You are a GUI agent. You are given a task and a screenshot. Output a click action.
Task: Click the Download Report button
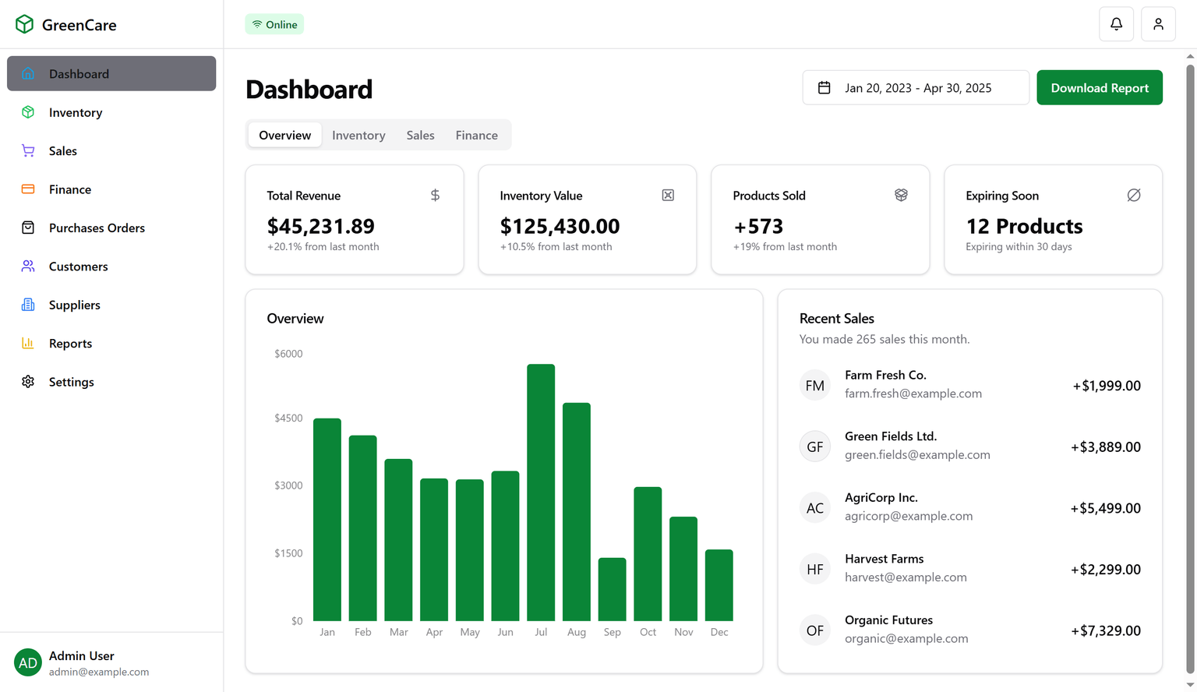click(x=1099, y=88)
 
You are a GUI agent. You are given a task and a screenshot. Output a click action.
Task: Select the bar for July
click(x=541, y=492)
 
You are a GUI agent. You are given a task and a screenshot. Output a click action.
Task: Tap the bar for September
click(x=612, y=589)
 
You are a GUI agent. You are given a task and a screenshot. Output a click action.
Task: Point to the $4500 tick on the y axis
click(x=288, y=418)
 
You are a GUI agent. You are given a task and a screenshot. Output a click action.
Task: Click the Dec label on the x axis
click(x=719, y=632)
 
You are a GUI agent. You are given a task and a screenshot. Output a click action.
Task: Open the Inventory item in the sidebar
click(x=76, y=112)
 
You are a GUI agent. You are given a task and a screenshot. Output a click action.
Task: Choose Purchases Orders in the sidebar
click(x=97, y=228)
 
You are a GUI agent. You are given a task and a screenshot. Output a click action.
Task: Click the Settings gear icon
click(x=28, y=382)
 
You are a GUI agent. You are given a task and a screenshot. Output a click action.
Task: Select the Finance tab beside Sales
click(x=476, y=135)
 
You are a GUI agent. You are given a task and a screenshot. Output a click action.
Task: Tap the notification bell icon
click(x=1116, y=24)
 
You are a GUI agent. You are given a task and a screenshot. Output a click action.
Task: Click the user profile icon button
click(x=1158, y=24)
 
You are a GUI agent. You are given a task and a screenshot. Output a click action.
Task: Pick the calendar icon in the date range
click(x=824, y=88)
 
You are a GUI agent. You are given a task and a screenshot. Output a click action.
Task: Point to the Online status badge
click(x=274, y=24)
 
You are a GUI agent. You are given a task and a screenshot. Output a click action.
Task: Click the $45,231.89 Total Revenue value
click(x=320, y=226)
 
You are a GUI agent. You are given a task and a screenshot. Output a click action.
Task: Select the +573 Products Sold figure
click(x=758, y=226)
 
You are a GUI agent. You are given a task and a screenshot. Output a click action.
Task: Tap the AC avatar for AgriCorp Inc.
click(x=814, y=508)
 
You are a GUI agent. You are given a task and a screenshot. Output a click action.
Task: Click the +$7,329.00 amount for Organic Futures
click(x=1105, y=630)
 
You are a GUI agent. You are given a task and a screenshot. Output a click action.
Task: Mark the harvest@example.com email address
click(x=906, y=577)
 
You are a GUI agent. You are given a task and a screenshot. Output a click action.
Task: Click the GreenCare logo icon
click(x=24, y=24)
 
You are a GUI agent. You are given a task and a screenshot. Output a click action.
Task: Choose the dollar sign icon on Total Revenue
click(x=435, y=195)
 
